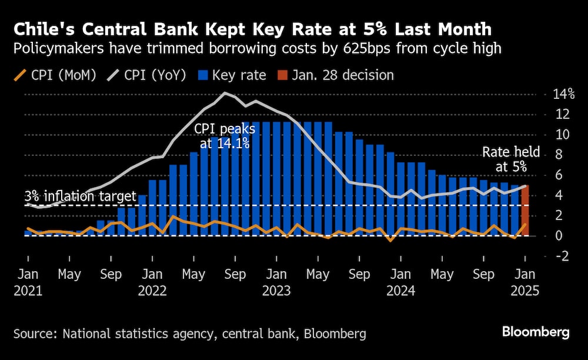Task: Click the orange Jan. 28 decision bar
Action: [x=525, y=210]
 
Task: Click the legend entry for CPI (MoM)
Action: [x=56, y=75]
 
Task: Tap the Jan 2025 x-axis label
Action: [x=526, y=282]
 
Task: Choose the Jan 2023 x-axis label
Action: [x=276, y=282]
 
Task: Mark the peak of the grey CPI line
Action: [x=224, y=93]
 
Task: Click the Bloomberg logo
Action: [x=536, y=333]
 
